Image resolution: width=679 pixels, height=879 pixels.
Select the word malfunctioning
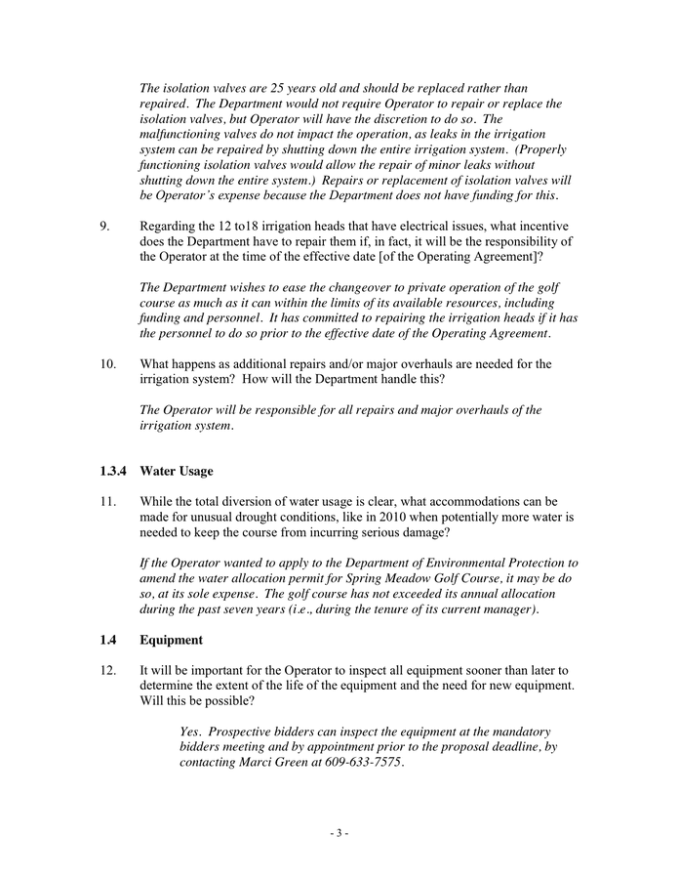coord(182,134)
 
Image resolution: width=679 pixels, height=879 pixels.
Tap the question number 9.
coord(104,227)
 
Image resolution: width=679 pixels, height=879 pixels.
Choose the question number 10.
coord(107,364)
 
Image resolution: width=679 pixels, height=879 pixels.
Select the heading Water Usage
coord(176,472)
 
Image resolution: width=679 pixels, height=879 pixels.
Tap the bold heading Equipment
coord(171,641)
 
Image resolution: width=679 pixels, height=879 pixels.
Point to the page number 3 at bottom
coord(339,833)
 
